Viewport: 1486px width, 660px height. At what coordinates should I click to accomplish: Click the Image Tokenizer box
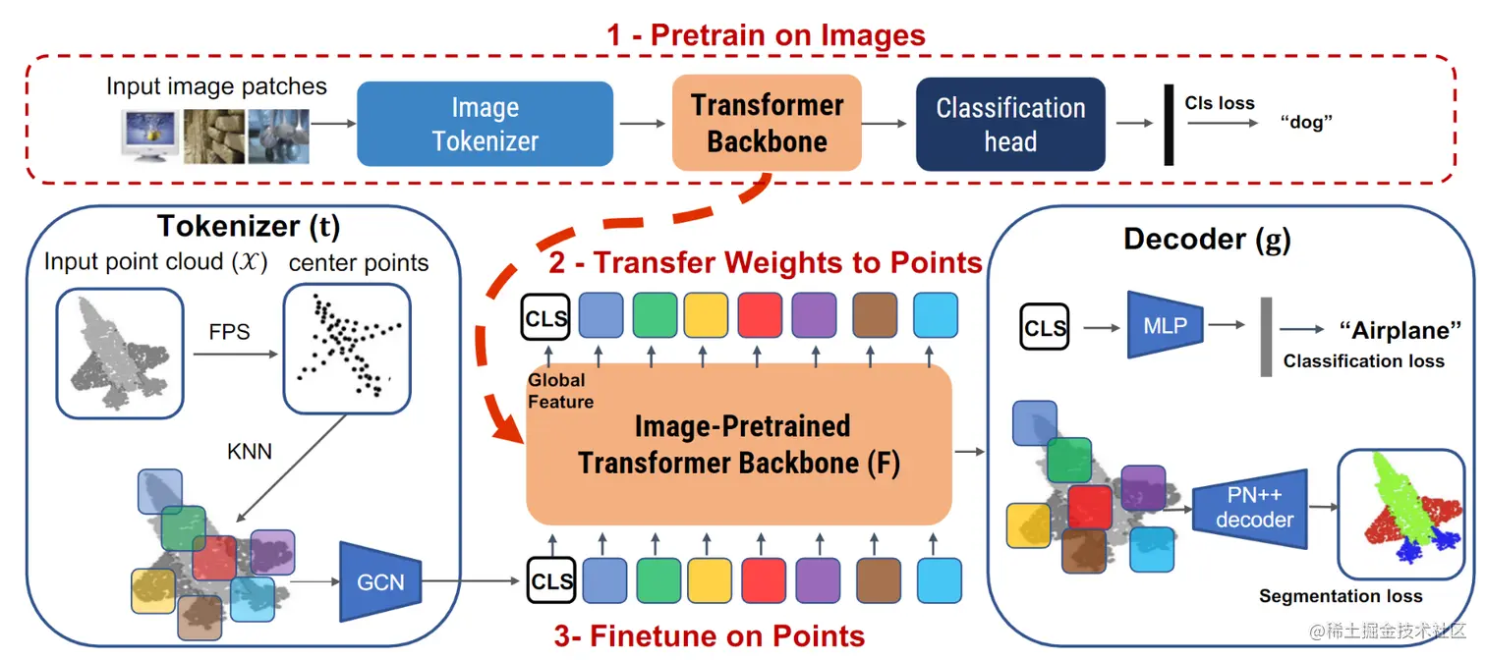tap(485, 124)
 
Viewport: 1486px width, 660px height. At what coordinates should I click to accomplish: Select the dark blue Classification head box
tap(1010, 124)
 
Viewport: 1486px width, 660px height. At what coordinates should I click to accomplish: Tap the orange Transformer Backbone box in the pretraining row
tap(767, 123)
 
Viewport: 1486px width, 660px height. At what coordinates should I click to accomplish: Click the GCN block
tap(380, 581)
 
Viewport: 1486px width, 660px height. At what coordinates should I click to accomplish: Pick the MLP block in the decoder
tap(1165, 325)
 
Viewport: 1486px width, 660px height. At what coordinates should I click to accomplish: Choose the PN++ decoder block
tap(1250, 508)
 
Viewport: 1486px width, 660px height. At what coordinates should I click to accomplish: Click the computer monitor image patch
tap(151, 136)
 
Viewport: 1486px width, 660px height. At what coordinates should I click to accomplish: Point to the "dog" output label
tap(1305, 123)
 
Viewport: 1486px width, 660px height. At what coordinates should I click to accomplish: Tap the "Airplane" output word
tap(1400, 330)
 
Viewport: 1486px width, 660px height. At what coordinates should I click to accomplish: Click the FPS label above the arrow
tap(229, 331)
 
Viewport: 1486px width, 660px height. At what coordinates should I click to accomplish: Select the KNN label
tap(250, 451)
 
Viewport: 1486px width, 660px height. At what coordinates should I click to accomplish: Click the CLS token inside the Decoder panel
tap(1044, 327)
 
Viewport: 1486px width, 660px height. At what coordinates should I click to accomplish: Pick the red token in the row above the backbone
tap(760, 315)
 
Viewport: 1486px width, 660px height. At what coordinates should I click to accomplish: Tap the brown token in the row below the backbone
tap(879, 580)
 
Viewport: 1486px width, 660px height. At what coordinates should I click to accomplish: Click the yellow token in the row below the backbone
tap(710, 580)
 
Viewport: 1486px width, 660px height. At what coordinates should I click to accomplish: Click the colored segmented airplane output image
tap(1401, 515)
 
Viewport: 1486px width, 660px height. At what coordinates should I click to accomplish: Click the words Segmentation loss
tap(1341, 596)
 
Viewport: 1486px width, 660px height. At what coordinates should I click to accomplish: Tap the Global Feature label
tap(560, 391)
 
